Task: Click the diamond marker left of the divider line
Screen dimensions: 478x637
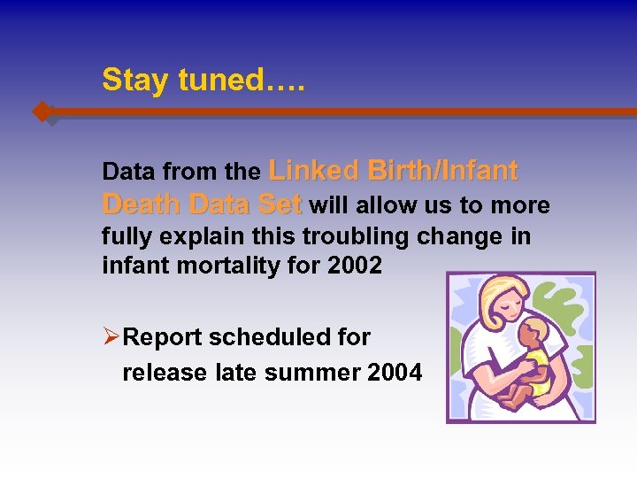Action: (42, 112)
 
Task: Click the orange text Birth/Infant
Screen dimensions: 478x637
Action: (442, 170)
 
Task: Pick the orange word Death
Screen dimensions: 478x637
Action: (142, 205)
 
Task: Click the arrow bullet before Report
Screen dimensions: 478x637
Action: (111, 337)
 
